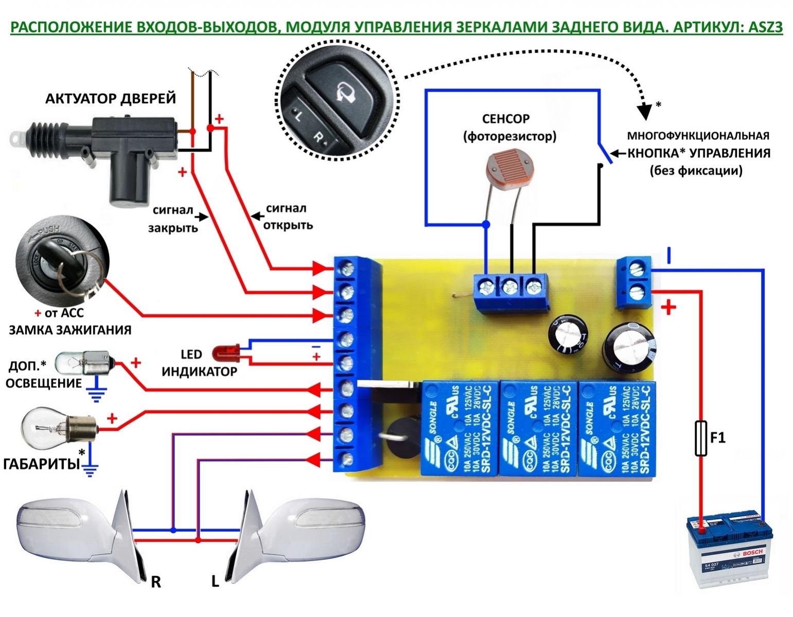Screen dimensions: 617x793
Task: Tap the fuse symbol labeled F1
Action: [700, 438]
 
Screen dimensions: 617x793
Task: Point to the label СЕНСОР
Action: [505, 119]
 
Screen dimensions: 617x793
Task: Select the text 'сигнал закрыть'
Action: [173, 219]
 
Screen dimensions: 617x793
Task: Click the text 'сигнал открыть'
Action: [288, 217]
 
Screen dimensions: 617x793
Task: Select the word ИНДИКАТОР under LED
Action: [199, 372]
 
